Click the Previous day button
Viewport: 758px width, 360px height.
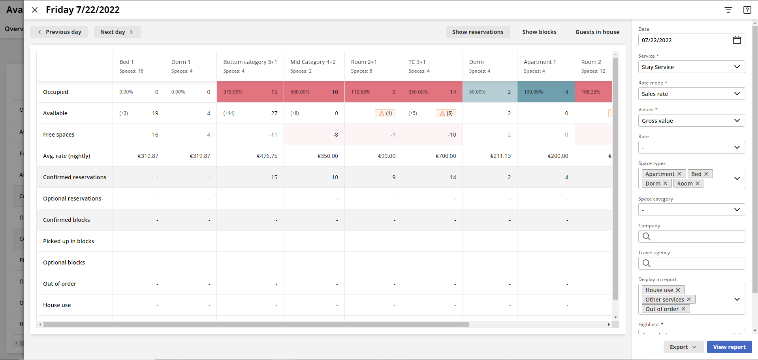point(59,32)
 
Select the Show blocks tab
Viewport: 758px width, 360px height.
point(539,32)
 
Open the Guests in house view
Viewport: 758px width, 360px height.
point(597,32)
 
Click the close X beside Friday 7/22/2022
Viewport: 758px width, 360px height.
point(35,10)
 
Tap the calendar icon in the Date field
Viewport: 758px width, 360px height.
point(737,40)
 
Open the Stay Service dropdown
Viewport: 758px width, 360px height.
point(691,67)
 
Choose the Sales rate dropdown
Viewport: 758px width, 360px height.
point(691,94)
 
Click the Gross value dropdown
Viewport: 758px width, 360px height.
point(691,121)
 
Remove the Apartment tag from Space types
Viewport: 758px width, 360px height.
point(679,174)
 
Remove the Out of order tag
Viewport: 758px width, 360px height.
point(683,309)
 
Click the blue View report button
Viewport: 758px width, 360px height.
point(729,347)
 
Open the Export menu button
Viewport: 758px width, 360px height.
point(683,347)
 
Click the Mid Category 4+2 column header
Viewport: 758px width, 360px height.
point(313,62)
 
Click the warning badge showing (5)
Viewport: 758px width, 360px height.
point(446,113)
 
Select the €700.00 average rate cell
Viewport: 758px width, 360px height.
point(446,156)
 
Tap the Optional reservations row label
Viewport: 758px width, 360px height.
point(72,199)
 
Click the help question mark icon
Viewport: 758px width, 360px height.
point(747,10)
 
